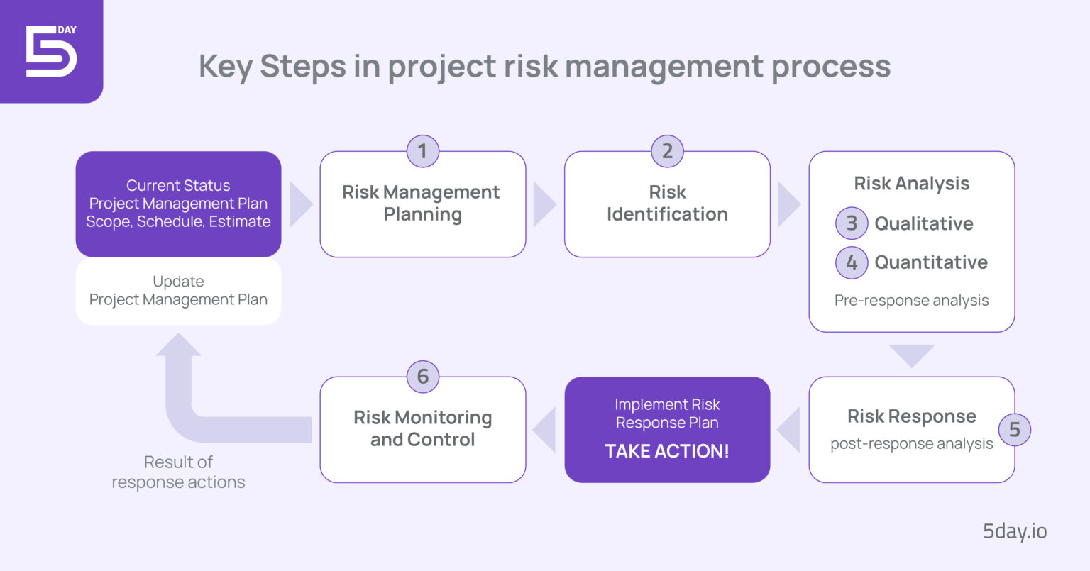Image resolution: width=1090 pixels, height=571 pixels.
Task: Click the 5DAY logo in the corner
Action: (x=51, y=50)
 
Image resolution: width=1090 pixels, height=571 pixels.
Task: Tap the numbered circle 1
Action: (x=422, y=151)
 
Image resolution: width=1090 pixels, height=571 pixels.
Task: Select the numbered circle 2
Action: (x=667, y=151)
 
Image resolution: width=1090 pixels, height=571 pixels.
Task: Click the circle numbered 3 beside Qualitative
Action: (x=852, y=223)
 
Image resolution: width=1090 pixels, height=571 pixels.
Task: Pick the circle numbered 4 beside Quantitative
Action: (x=852, y=262)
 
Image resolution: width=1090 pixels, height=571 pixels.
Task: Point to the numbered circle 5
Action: (x=1014, y=429)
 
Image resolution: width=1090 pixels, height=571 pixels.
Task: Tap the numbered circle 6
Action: (x=422, y=377)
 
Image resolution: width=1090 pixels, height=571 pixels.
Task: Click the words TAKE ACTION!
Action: (x=667, y=451)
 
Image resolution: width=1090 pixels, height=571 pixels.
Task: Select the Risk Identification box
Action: (x=667, y=204)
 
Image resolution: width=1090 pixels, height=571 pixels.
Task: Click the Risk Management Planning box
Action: (x=422, y=204)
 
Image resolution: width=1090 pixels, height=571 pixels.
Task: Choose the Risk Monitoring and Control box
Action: (x=422, y=429)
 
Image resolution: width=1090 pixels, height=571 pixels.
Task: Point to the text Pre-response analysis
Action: (x=911, y=300)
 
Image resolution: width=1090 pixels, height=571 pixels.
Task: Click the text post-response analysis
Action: (x=911, y=444)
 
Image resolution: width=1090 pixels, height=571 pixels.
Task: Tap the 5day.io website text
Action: (x=1015, y=531)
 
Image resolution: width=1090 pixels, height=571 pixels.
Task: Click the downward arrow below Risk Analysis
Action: (x=911, y=355)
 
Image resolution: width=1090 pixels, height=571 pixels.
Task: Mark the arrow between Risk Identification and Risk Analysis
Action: (x=788, y=204)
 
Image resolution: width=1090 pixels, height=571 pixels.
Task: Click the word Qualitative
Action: (x=923, y=223)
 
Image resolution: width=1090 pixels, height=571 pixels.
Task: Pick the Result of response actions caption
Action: (x=178, y=472)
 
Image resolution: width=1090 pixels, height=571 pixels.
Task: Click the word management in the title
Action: (x=664, y=67)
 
